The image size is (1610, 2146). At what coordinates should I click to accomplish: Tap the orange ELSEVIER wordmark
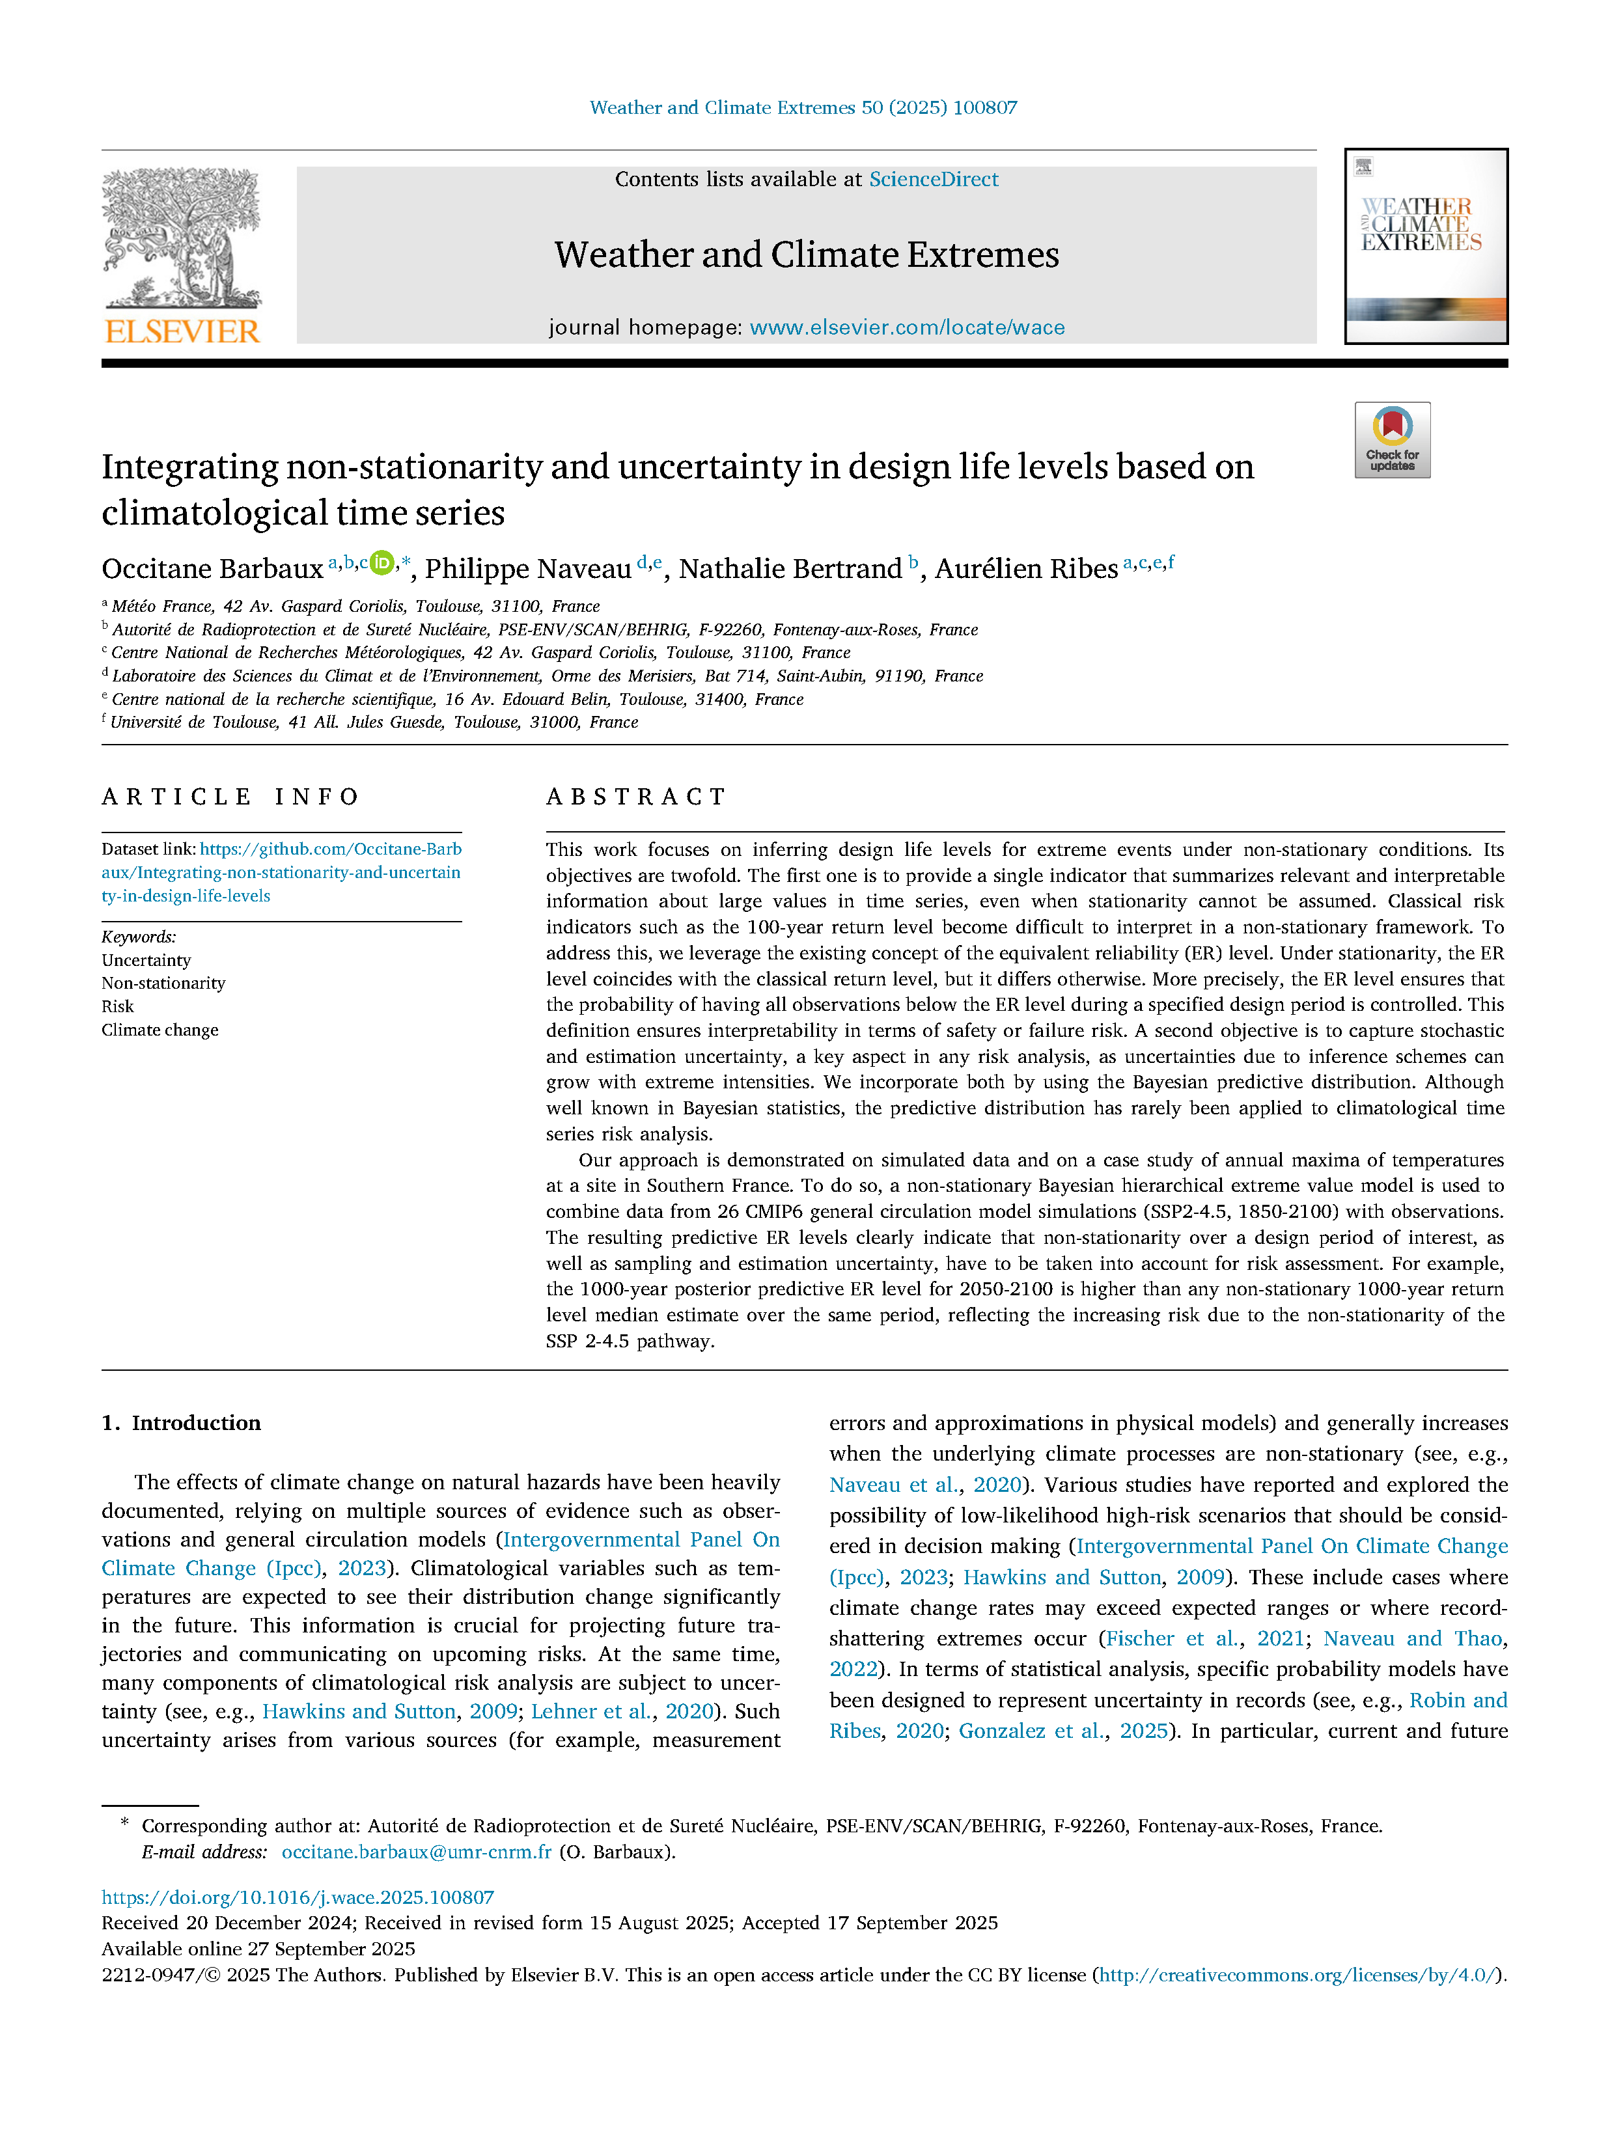tap(182, 332)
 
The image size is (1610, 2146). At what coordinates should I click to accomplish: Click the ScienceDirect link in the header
tap(933, 180)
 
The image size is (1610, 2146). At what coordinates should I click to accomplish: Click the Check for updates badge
tap(1392, 441)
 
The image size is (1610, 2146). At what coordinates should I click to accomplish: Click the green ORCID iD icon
tap(382, 562)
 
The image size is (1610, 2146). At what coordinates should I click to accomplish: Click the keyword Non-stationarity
tap(163, 983)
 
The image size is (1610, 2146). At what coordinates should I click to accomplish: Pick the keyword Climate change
tap(160, 1029)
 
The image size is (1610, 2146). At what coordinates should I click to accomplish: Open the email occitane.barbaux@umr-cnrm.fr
tap(416, 1851)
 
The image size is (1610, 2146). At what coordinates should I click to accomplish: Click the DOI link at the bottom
tap(298, 1897)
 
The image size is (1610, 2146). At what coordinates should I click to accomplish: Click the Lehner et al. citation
tap(591, 1711)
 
